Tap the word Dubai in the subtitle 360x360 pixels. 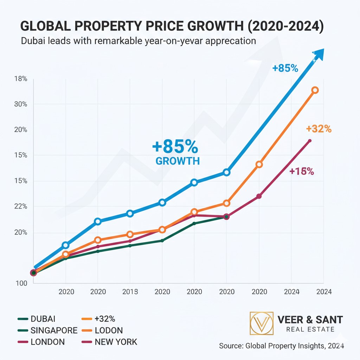(x=33, y=41)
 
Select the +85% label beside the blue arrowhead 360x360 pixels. (x=285, y=68)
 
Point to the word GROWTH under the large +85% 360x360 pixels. (x=178, y=161)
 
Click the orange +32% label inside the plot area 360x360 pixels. (x=319, y=129)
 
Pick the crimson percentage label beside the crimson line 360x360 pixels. (x=302, y=172)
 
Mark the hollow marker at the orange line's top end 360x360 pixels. (x=315, y=90)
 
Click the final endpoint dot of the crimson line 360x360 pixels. (x=310, y=141)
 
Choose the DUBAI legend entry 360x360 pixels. (x=43, y=319)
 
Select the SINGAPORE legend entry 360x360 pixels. (x=54, y=330)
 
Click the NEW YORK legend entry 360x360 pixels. (x=116, y=342)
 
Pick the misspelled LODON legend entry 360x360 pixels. (x=109, y=330)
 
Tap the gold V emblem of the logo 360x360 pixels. (x=261, y=323)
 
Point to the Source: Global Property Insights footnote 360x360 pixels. (x=281, y=346)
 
